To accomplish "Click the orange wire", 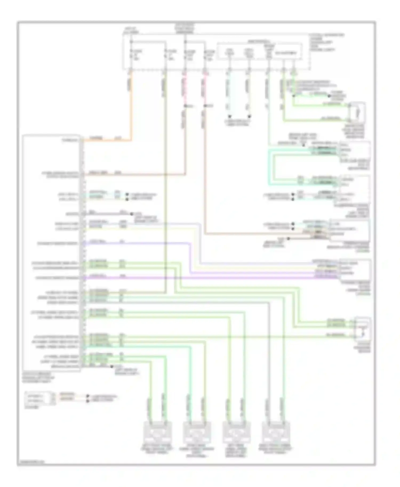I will (131, 107).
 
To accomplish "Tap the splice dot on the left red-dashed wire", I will (185, 106).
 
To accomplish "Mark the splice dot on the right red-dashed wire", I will (205, 106).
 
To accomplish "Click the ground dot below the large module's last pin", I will (111, 367).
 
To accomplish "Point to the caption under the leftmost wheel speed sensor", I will (157, 450).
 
